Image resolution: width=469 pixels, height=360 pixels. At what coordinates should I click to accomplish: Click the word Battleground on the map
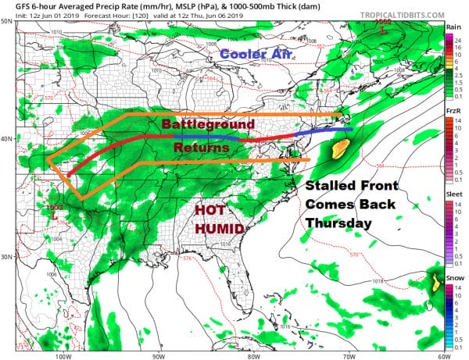point(208,125)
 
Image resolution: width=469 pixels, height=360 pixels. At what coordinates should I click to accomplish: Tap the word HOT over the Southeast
point(211,211)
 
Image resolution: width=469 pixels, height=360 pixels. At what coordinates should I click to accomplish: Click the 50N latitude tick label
point(7,22)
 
